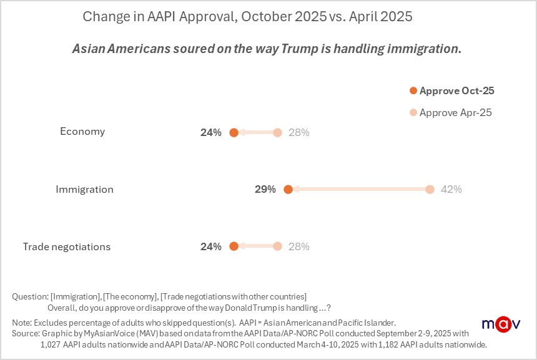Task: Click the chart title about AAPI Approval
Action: click(x=247, y=17)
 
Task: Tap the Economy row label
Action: click(x=82, y=132)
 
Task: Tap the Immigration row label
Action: click(x=84, y=189)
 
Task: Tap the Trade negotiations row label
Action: click(x=67, y=246)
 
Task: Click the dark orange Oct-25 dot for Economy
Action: click(x=234, y=132)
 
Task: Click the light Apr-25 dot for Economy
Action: click(x=277, y=132)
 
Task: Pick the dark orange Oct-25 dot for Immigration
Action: click(x=288, y=189)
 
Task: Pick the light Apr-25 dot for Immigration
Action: click(x=430, y=189)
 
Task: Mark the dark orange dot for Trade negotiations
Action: click(x=234, y=246)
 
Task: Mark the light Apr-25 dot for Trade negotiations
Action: click(x=277, y=246)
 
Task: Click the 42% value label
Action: click(x=451, y=189)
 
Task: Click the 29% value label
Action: click(x=265, y=189)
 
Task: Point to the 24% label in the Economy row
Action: click(x=211, y=132)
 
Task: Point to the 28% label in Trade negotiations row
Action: click(x=299, y=246)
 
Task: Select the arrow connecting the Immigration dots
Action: click(x=359, y=189)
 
